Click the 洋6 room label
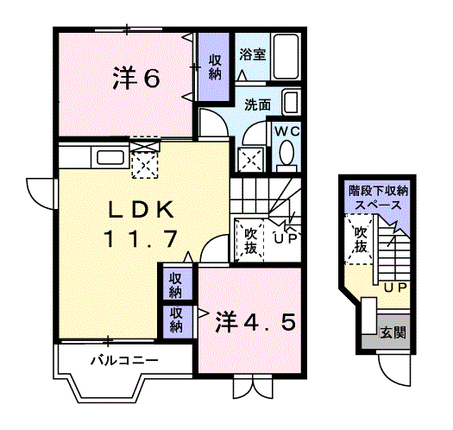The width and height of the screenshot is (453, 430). point(135,78)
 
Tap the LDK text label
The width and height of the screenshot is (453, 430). point(142,210)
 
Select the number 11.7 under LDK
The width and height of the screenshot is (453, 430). point(141,239)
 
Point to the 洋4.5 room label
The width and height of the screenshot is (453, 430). point(255,321)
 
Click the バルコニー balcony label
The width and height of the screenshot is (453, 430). point(125,361)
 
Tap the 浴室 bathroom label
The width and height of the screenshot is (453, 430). point(253,54)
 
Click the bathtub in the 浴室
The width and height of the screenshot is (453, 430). point(286,57)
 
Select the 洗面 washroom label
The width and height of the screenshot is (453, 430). point(258,104)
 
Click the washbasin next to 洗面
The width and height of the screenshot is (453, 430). point(292,103)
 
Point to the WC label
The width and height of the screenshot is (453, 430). point(287,132)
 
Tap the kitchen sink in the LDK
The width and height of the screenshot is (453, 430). point(110,158)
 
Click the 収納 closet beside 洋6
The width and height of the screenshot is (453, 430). point(215,66)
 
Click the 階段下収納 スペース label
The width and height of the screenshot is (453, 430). point(378,198)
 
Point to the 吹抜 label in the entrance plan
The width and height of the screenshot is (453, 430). point(361,239)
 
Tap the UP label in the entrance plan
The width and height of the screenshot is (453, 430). point(395,288)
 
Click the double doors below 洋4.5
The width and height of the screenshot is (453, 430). point(253,388)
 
